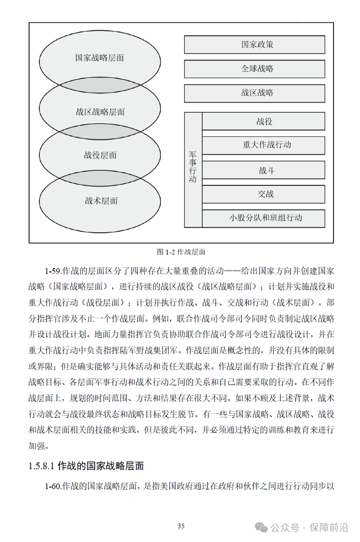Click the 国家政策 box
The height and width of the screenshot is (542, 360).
pos(255,45)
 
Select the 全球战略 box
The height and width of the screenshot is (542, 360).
pos(255,69)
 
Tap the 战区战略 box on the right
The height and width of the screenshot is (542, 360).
pos(255,93)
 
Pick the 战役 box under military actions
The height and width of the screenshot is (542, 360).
pos(263,122)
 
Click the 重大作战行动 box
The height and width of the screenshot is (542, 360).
pos(263,145)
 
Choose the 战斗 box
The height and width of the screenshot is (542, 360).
pos(263,170)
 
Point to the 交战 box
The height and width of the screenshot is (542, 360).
pos(263,194)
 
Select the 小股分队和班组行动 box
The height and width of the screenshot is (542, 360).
pos(263,218)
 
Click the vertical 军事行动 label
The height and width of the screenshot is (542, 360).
pos(193,168)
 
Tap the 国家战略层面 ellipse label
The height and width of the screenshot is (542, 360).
pos(100,58)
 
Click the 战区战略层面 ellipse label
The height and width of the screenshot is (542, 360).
pos(100,112)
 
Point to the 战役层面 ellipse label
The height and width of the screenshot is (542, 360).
pos(100,155)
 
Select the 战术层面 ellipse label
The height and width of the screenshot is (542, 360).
pos(101,201)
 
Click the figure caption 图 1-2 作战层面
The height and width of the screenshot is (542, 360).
pos(181,252)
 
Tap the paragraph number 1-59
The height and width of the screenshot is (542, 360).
pos(53,271)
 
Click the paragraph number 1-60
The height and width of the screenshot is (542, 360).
pos(53,486)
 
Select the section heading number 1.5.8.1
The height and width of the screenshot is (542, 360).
pos(42,466)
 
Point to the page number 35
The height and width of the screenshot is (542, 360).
pos(181,526)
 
